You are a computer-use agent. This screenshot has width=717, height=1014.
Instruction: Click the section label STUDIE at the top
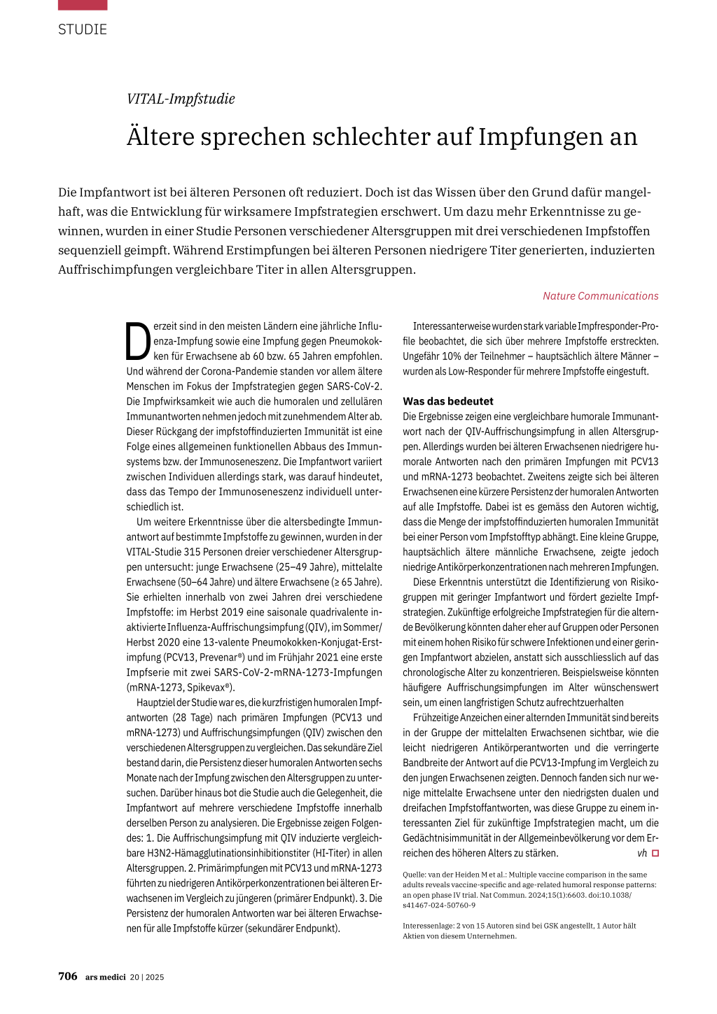click(x=83, y=29)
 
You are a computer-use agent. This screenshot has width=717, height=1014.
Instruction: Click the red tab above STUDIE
click(x=83, y=5)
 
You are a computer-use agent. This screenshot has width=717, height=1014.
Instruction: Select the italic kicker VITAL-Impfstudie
click(x=181, y=99)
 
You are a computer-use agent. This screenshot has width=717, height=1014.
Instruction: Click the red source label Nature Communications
click(x=600, y=296)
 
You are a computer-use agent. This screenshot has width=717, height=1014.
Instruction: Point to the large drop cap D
click(x=138, y=341)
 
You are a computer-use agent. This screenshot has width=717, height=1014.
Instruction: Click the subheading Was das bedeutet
click(x=448, y=401)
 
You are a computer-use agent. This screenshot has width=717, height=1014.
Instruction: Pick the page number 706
click(x=68, y=976)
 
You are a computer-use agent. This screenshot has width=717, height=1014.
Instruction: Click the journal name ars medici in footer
click(x=106, y=977)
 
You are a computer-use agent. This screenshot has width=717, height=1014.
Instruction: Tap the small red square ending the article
click(x=655, y=853)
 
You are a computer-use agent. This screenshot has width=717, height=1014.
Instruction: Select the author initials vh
click(x=642, y=853)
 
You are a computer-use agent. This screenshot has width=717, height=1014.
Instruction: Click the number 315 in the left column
click(x=192, y=552)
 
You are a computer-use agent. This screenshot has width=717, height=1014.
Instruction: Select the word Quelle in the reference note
click(x=414, y=875)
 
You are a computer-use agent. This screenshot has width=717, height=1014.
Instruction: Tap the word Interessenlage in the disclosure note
click(x=427, y=926)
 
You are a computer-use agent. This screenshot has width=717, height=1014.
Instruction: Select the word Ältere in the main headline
click(x=160, y=137)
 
